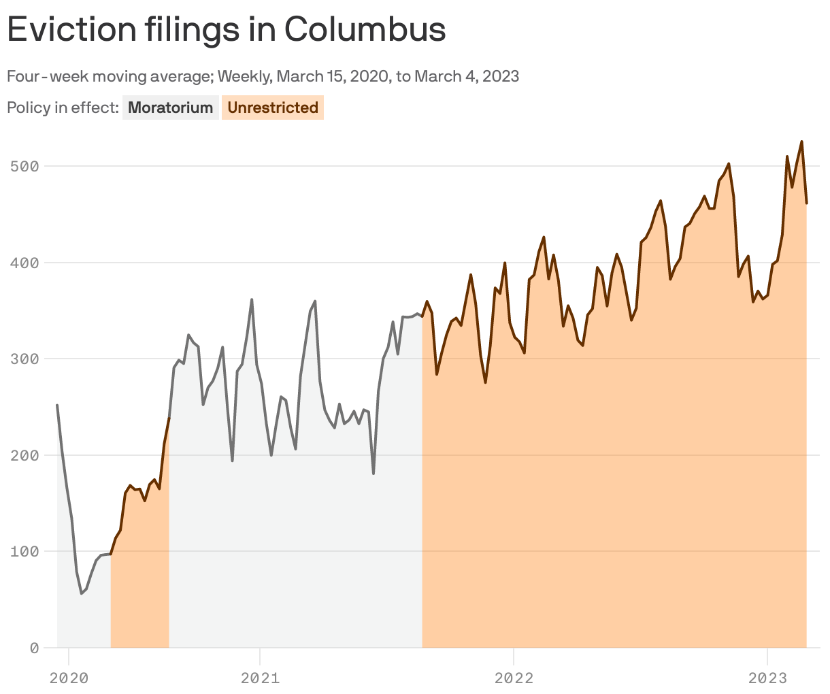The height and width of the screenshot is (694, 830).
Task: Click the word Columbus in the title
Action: click(365, 29)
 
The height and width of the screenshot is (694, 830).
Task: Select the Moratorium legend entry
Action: click(170, 108)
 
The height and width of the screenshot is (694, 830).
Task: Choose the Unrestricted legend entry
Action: click(273, 108)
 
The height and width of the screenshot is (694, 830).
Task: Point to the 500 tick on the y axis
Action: click(24, 166)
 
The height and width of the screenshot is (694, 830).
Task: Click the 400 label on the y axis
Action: click(24, 263)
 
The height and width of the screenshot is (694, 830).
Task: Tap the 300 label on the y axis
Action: click(24, 359)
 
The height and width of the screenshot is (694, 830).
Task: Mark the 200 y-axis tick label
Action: click(24, 455)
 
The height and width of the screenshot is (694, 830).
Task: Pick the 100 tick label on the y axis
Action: click(24, 551)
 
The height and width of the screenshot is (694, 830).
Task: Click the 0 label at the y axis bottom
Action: click(33, 648)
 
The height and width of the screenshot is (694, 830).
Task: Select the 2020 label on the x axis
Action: click(69, 678)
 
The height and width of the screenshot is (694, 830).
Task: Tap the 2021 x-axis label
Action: click(260, 678)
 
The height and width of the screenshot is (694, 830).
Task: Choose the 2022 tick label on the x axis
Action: click(514, 678)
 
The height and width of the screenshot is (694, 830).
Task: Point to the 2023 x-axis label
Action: click(767, 678)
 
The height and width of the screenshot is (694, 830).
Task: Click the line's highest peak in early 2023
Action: click(802, 142)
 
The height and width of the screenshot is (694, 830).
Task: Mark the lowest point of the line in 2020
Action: click(82, 593)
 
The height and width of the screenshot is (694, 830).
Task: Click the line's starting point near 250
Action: click(57, 406)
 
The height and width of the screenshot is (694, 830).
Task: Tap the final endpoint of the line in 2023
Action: click(807, 203)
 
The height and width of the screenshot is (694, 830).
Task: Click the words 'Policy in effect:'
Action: click(63, 108)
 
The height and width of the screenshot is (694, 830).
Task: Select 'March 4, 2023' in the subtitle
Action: click(467, 76)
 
